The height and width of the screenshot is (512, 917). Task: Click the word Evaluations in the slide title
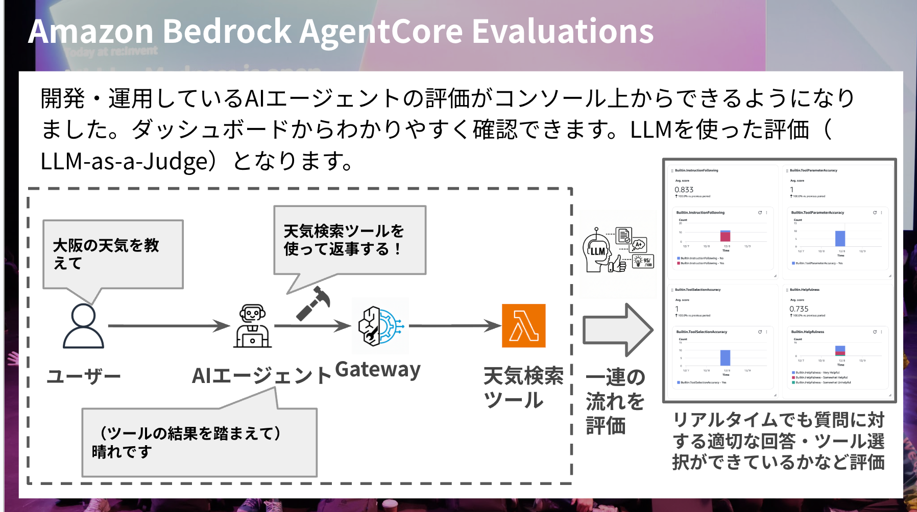pos(562,32)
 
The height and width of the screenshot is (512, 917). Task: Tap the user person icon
pos(83,326)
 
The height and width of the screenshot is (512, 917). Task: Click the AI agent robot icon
pos(252,326)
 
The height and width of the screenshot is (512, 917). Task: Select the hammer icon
pos(313,303)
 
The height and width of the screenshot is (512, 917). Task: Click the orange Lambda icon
pos(523,325)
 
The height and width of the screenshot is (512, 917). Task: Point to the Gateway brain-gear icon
pos(380,325)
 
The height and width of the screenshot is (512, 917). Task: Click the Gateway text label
pos(378,369)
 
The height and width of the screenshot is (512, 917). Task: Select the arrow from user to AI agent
pos(168,325)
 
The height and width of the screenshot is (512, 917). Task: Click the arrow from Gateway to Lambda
pos(454,325)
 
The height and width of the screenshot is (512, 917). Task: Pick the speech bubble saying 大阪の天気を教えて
pos(113,254)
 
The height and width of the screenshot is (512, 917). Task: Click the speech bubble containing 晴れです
pos(199,442)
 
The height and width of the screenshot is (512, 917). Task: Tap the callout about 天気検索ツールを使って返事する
pos(349,240)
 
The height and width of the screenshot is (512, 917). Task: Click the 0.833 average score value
pos(684,190)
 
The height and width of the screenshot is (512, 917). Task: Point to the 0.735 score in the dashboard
pos(799,309)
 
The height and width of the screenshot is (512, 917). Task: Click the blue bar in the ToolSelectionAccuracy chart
pos(725,357)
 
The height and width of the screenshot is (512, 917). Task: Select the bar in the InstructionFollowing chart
pos(725,236)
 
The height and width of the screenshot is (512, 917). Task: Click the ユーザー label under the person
pos(83,376)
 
